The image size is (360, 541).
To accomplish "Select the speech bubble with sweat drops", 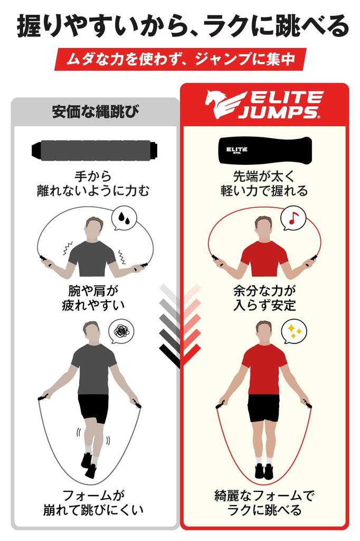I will (x=125, y=218).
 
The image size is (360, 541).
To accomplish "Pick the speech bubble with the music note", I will (x=293, y=218).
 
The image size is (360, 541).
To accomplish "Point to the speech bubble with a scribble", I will (x=121, y=332).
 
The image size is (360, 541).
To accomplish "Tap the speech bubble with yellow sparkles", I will (x=294, y=331).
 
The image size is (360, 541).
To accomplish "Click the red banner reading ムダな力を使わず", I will (x=180, y=59).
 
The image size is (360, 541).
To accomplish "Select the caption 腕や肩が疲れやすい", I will (x=96, y=297).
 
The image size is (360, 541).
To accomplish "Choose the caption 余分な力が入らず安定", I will (x=264, y=297).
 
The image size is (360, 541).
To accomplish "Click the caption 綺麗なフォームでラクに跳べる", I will (x=264, y=503).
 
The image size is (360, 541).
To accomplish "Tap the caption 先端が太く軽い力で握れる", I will (x=264, y=183).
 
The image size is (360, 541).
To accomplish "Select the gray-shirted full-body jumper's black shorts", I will (x=93, y=408).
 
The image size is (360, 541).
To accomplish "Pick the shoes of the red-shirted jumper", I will (x=264, y=470).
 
